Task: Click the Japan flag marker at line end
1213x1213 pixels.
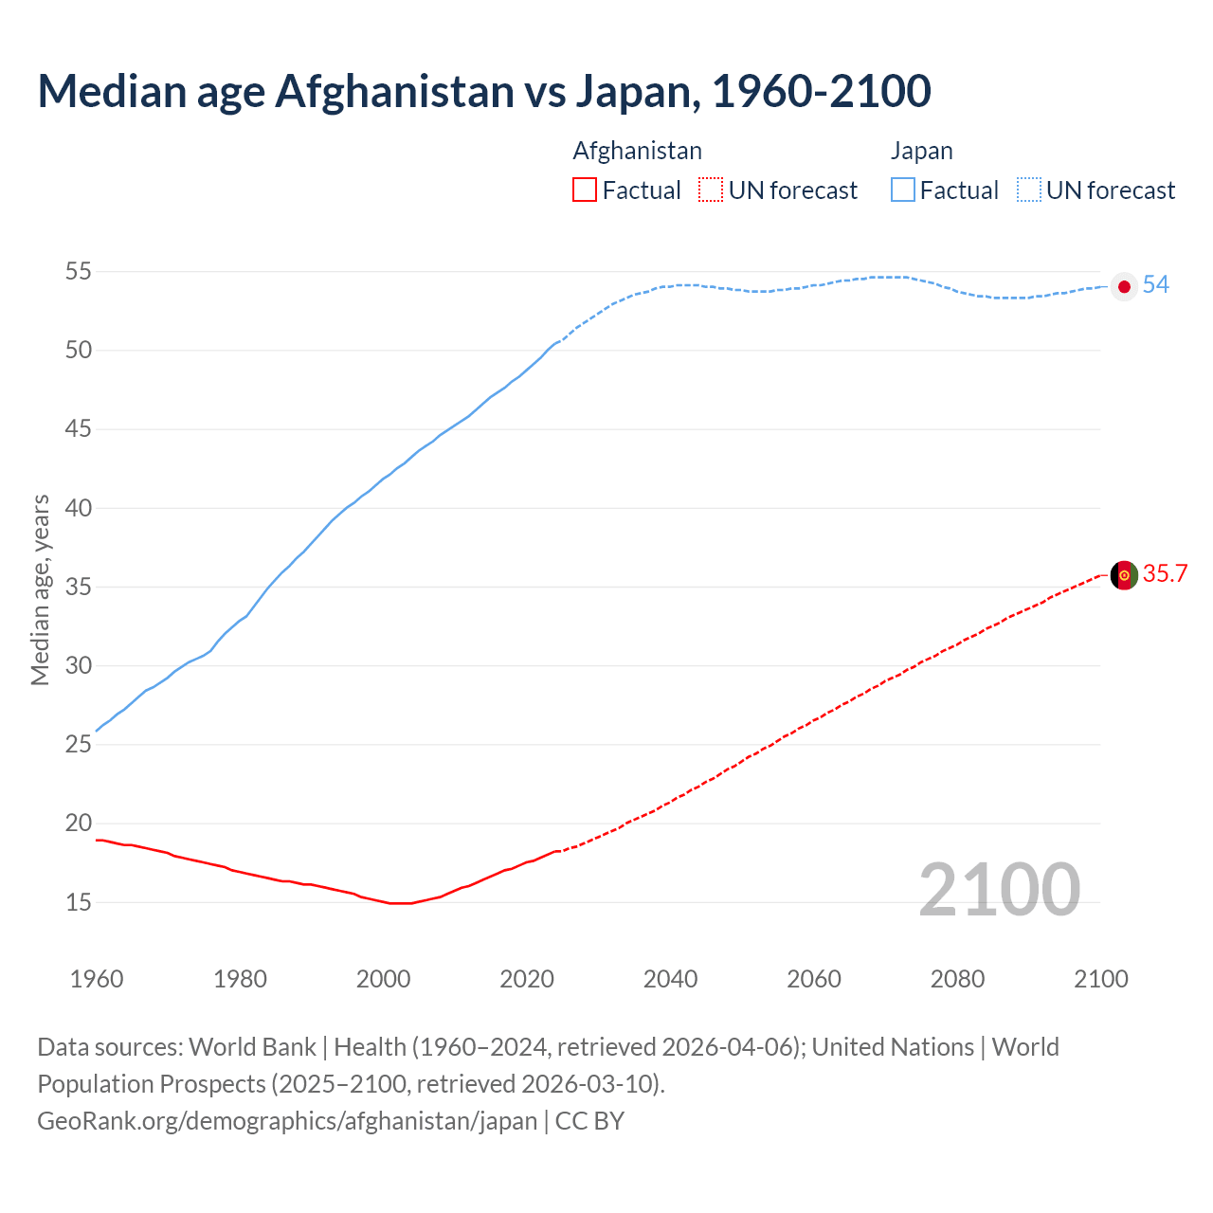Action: click(x=1124, y=286)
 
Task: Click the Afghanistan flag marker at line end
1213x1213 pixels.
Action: click(x=1124, y=575)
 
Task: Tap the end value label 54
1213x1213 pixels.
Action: click(x=1155, y=285)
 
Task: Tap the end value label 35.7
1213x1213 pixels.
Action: click(x=1165, y=574)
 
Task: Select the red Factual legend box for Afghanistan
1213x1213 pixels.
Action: click(x=585, y=190)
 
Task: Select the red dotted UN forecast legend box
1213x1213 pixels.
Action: click(x=711, y=190)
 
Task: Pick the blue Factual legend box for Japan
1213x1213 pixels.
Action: click(x=903, y=190)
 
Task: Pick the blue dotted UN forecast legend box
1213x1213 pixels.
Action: click(x=1029, y=190)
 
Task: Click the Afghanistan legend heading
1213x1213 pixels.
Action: click(x=637, y=152)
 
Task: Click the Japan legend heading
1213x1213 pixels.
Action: click(x=921, y=152)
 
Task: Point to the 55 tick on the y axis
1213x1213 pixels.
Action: click(x=79, y=272)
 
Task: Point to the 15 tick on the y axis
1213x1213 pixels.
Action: click(x=79, y=903)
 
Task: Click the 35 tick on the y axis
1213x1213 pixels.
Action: click(x=79, y=588)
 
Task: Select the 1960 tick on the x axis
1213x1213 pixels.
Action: click(x=97, y=979)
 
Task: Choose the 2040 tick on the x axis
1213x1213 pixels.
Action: click(x=670, y=979)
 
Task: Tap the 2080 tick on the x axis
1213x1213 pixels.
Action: click(x=957, y=979)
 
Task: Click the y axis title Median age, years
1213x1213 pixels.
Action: click(x=40, y=589)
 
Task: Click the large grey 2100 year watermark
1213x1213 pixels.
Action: click(x=999, y=890)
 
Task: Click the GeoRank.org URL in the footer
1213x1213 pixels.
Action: click(x=287, y=1121)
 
